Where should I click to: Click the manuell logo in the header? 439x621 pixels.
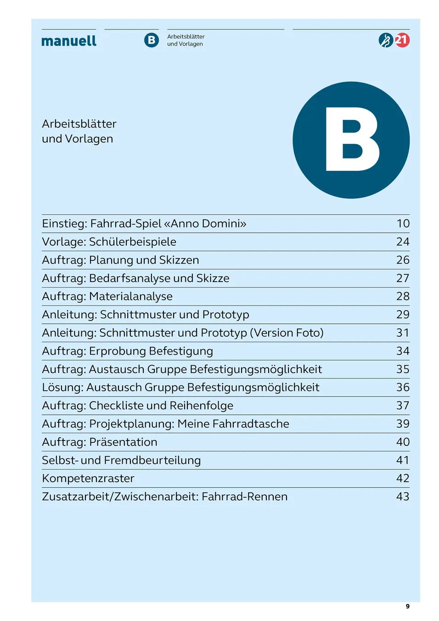69,41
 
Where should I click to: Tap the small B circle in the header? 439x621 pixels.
152,40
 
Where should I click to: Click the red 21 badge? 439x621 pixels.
402,40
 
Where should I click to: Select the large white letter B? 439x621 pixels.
352,140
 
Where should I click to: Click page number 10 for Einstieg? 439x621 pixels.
403,224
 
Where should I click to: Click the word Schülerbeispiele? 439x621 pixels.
133,242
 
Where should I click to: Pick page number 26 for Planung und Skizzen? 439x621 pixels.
403,260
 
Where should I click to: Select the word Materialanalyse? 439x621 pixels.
131,297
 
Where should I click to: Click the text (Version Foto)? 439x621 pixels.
287,333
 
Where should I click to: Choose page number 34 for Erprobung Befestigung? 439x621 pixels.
403,351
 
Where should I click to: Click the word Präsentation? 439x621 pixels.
123,442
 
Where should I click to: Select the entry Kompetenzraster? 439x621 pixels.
88,479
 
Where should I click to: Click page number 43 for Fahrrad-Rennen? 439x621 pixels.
403,497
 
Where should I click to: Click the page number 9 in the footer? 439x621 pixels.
407,606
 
